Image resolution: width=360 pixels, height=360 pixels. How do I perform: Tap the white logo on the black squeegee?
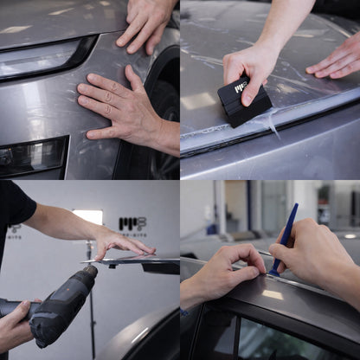pos(240,87)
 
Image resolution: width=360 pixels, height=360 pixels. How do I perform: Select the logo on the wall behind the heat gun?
pos(132,227)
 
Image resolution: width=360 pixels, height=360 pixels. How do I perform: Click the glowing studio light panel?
pos(88,215)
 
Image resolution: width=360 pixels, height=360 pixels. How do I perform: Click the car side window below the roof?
pos(260,337)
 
